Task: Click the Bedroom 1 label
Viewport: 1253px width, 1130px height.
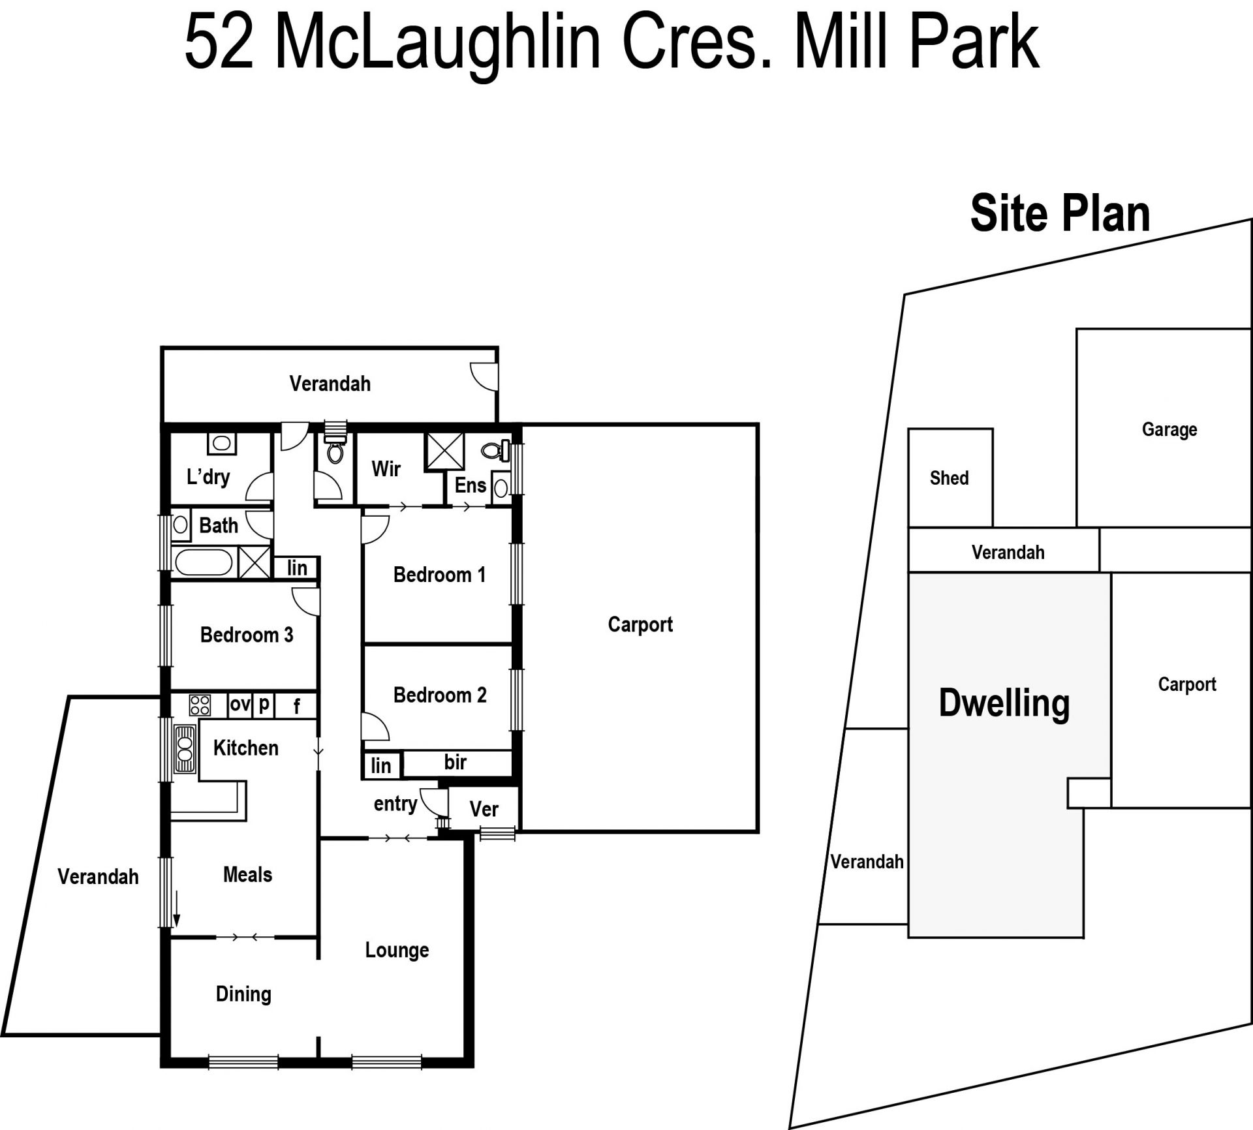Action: coord(439,575)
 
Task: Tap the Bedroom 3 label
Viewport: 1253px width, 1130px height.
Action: coord(247,635)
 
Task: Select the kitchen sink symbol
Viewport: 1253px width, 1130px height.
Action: coord(185,749)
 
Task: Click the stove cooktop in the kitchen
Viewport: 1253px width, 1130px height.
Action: coord(200,705)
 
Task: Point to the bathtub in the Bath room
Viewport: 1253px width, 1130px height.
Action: coord(204,562)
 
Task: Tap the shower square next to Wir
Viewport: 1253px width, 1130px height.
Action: coord(444,451)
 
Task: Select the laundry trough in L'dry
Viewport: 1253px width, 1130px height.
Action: coord(222,444)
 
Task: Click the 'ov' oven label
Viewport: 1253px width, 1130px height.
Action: coord(240,704)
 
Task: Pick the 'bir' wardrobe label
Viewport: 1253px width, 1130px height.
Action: coord(456,761)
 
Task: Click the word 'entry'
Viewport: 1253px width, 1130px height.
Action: coord(395,804)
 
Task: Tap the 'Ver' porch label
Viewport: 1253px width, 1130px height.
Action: coord(484,809)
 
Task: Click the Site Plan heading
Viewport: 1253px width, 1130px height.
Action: coord(1060,213)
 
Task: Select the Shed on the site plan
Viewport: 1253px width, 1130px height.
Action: coord(950,478)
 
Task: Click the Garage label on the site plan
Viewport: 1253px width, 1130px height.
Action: coord(1169,430)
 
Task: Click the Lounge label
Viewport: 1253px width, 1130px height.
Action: coord(397,951)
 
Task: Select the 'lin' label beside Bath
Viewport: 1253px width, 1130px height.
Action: coord(297,568)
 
